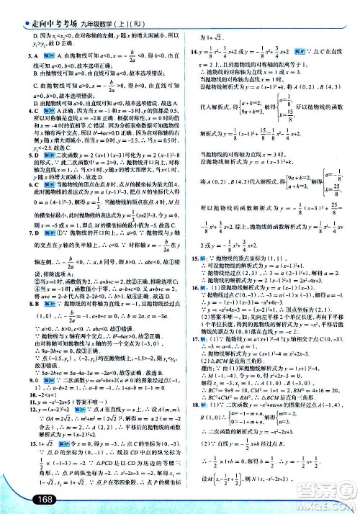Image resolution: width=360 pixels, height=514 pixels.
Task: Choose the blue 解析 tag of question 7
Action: click(x=35, y=234)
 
